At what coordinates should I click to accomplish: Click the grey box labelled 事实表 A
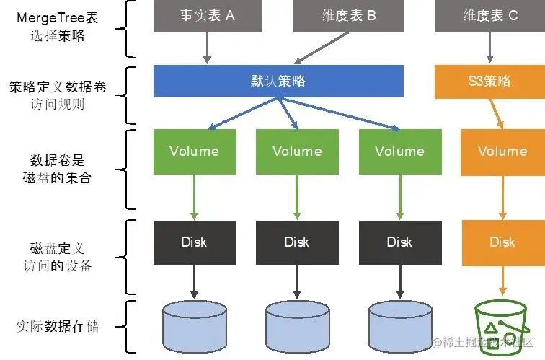[195, 16]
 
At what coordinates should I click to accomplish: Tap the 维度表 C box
[489, 16]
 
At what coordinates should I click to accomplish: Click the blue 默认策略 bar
[278, 81]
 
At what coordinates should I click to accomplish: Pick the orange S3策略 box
[489, 81]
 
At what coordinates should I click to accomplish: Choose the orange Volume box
[502, 152]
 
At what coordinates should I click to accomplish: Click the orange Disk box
[502, 242]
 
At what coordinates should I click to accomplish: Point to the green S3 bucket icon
[502, 328]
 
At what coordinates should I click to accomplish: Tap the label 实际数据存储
[57, 327]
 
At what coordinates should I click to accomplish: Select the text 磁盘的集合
[57, 177]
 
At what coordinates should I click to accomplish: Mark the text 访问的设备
[57, 265]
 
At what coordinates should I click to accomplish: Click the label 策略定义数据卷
[57, 87]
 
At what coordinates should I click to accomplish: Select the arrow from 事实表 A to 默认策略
[207, 48]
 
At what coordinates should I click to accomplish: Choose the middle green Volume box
[297, 152]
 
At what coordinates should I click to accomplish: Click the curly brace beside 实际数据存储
[131, 327]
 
